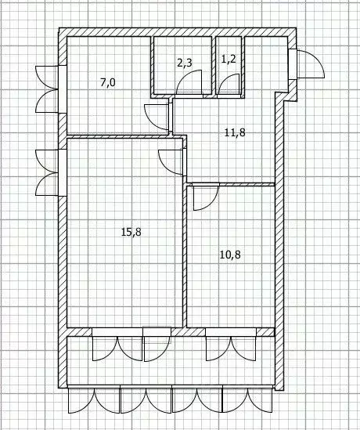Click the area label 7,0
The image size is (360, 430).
point(107,81)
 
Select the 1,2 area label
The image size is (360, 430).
point(229,59)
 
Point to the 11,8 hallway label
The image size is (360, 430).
point(235,132)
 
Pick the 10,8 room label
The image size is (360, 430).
point(230,255)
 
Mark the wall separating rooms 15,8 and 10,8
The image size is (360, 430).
point(186,258)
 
